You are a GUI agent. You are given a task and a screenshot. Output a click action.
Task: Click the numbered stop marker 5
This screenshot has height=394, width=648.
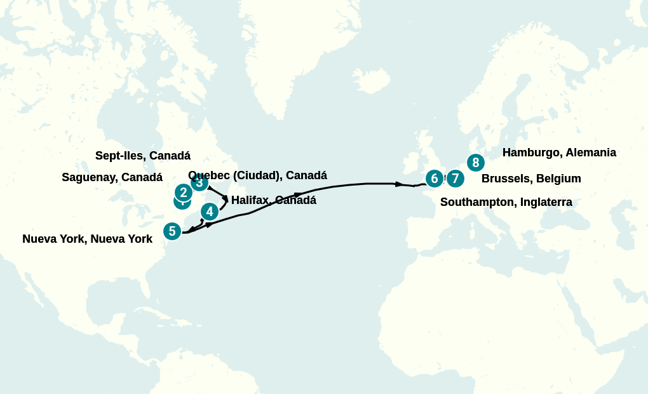click(x=172, y=231)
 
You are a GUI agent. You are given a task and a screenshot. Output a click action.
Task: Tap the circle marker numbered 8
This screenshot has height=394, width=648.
click(x=476, y=163)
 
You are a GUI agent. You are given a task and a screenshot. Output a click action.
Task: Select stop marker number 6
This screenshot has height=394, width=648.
click(x=435, y=178)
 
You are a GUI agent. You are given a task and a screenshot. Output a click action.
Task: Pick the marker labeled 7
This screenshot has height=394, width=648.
click(x=456, y=179)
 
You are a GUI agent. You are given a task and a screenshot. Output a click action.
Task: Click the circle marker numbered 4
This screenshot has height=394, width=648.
click(x=210, y=211)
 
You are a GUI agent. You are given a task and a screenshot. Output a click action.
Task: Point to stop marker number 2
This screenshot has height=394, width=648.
click(x=184, y=192)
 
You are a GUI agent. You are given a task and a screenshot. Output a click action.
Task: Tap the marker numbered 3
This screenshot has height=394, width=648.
click(x=200, y=183)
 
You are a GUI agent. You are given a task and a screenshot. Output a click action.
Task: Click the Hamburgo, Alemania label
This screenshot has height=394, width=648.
click(x=559, y=153)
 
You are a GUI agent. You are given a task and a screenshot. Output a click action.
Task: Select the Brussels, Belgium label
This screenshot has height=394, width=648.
click(x=531, y=179)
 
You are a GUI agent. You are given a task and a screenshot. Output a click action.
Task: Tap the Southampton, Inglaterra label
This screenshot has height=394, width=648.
click(x=506, y=202)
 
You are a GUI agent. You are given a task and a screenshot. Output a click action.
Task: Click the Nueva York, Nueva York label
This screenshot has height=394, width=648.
click(x=87, y=239)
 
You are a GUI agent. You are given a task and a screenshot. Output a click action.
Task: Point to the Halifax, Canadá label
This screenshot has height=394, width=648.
click(x=273, y=200)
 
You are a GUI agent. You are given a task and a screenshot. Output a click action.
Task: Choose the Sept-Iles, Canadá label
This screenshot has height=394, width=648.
click(x=143, y=156)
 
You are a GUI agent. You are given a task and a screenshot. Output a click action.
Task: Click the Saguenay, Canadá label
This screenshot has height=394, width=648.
click(x=112, y=177)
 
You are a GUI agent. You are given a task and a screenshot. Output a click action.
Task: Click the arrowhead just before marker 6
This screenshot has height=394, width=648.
click(x=399, y=184)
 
